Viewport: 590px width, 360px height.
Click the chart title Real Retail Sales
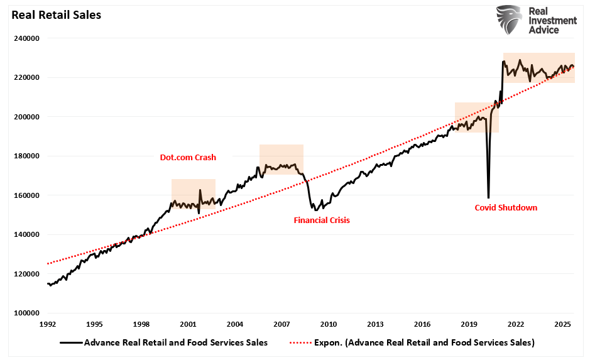pos(56,14)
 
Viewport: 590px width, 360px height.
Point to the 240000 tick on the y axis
pos(27,38)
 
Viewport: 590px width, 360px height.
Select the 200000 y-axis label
pos(27,117)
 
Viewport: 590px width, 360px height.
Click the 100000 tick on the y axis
pos(27,313)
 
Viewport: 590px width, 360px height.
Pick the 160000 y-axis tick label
pos(27,195)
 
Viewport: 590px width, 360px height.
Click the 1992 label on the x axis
pos(48,324)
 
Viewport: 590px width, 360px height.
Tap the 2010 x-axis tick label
pos(329,324)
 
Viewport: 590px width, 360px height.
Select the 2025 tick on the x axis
pos(562,324)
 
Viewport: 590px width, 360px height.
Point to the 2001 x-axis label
pos(188,324)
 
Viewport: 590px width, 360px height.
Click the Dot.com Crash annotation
pos(187,158)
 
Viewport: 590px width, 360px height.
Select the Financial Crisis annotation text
pos(322,221)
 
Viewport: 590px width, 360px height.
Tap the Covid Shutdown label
pos(506,207)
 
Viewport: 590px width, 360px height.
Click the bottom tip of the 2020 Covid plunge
pos(488,197)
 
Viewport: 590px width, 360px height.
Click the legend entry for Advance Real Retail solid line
pos(165,342)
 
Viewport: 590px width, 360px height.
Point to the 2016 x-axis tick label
pos(422,324)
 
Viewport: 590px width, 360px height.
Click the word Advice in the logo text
pos(545,30)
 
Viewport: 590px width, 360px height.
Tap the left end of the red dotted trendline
pos(48,264)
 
